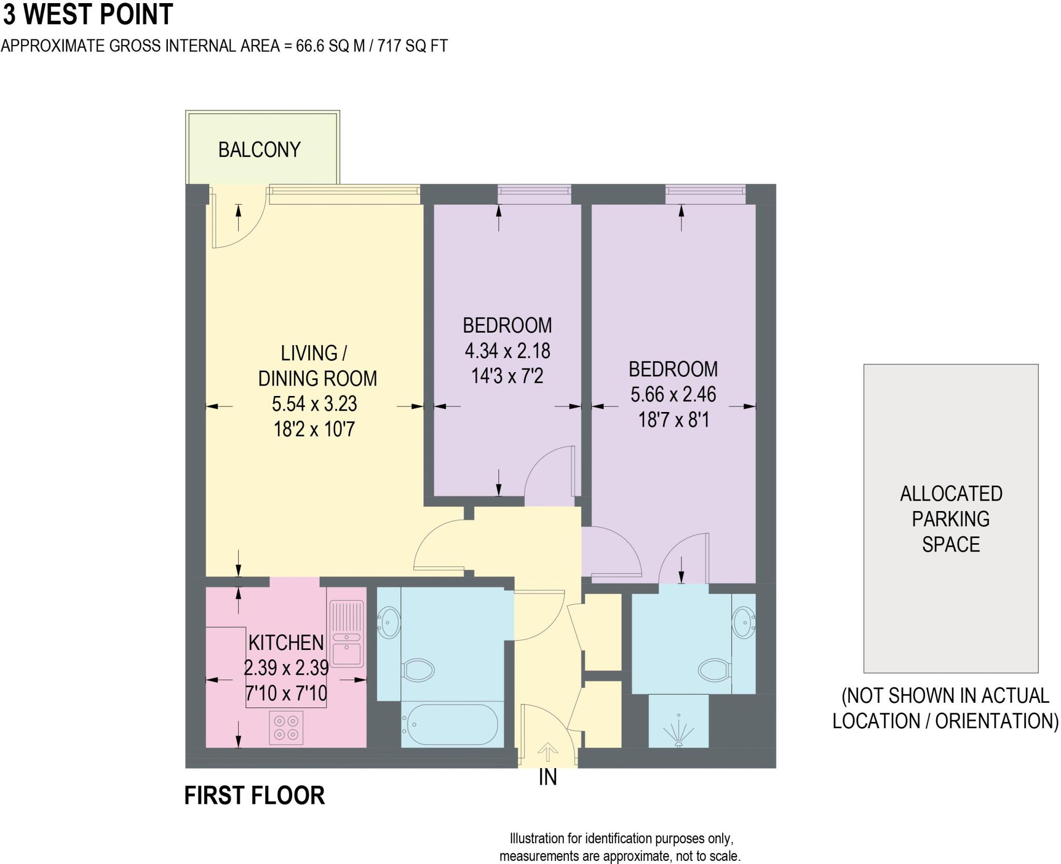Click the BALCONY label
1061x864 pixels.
pos(259,150)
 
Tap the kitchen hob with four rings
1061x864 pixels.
pos(286,727)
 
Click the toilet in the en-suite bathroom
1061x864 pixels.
pos(714,669)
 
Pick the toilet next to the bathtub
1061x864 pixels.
pos(418,670)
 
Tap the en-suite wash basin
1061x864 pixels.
pos(744,622)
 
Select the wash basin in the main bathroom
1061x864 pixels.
pos(388,622)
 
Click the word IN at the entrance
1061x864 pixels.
pos(548,777)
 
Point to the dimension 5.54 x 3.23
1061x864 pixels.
pos(314,404)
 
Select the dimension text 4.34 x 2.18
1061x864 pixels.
pos(507,351)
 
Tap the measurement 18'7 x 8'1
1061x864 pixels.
pos(673,419)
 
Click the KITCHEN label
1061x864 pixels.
pos(286,643)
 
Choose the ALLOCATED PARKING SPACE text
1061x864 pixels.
pos(951,518)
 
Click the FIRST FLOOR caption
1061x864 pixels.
pos(254,796)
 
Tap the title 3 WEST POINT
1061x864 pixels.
pos(88,15)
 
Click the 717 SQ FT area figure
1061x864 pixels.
pos(412,46)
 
